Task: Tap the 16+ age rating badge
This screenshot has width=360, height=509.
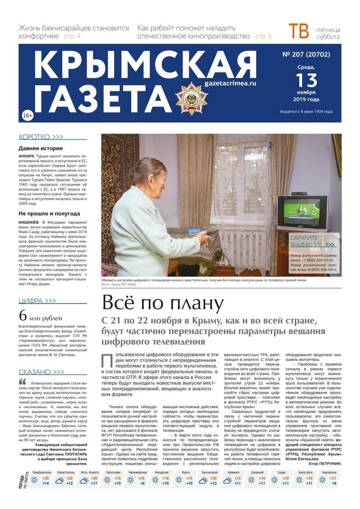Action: point(27,116)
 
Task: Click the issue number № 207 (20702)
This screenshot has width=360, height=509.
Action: point(307,55)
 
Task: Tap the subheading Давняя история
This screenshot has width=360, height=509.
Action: point(40,149)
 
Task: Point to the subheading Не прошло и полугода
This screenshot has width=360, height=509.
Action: point(49,213)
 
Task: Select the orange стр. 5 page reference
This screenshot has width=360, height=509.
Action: point(263,36)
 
